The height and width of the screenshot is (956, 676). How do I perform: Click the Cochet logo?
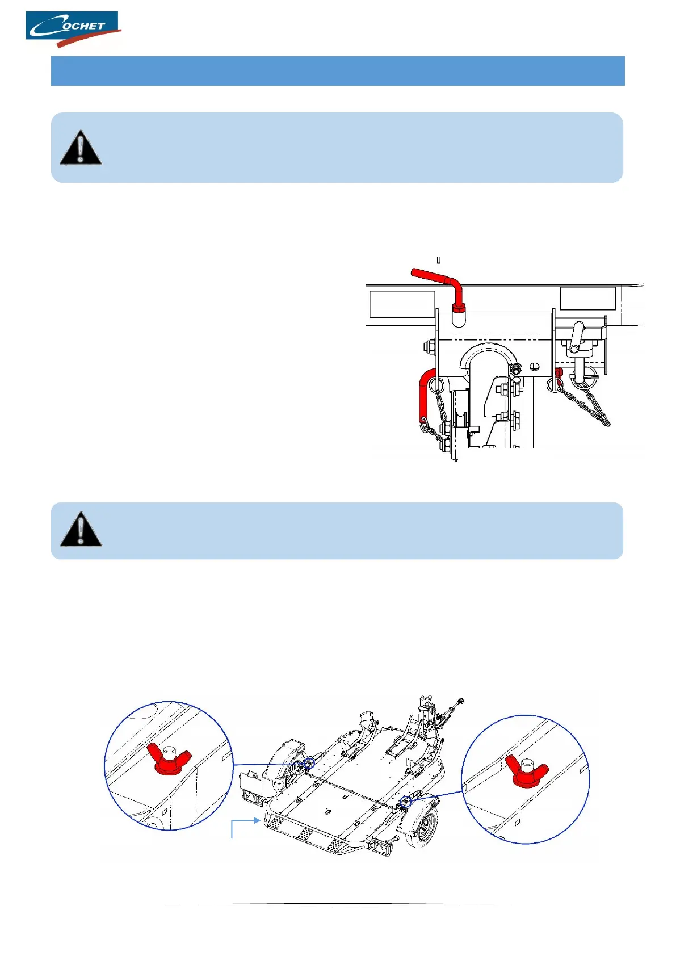73,28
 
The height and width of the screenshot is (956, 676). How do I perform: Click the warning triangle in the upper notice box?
81,148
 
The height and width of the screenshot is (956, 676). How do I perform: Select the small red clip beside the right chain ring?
559,374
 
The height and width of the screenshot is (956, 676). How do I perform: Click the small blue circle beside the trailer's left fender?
309,764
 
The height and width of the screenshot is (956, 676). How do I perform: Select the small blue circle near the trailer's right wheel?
405,802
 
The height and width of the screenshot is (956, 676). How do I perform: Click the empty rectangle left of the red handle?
402,304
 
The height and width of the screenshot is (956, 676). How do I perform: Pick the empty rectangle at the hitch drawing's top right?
587,299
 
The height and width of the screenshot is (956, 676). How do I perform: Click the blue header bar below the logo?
338,71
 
